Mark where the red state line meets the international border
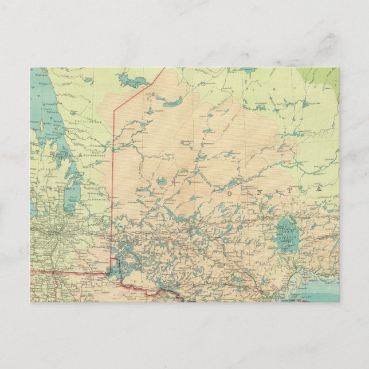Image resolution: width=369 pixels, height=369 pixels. point(53,272)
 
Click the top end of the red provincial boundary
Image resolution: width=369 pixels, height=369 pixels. point(164,69)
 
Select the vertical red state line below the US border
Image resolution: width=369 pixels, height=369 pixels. point(53,286)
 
